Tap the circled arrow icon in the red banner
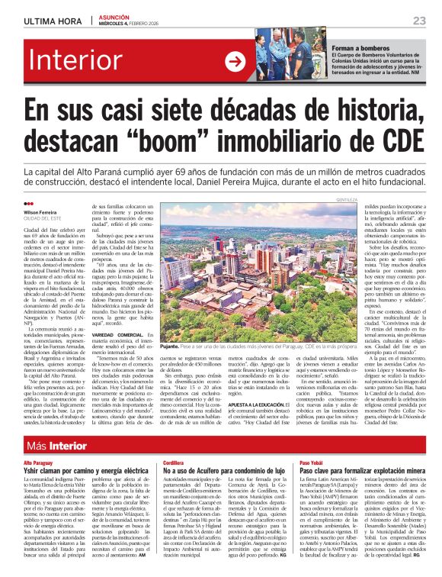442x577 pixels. [234, 62]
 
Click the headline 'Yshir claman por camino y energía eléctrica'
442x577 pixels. [85, 472]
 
